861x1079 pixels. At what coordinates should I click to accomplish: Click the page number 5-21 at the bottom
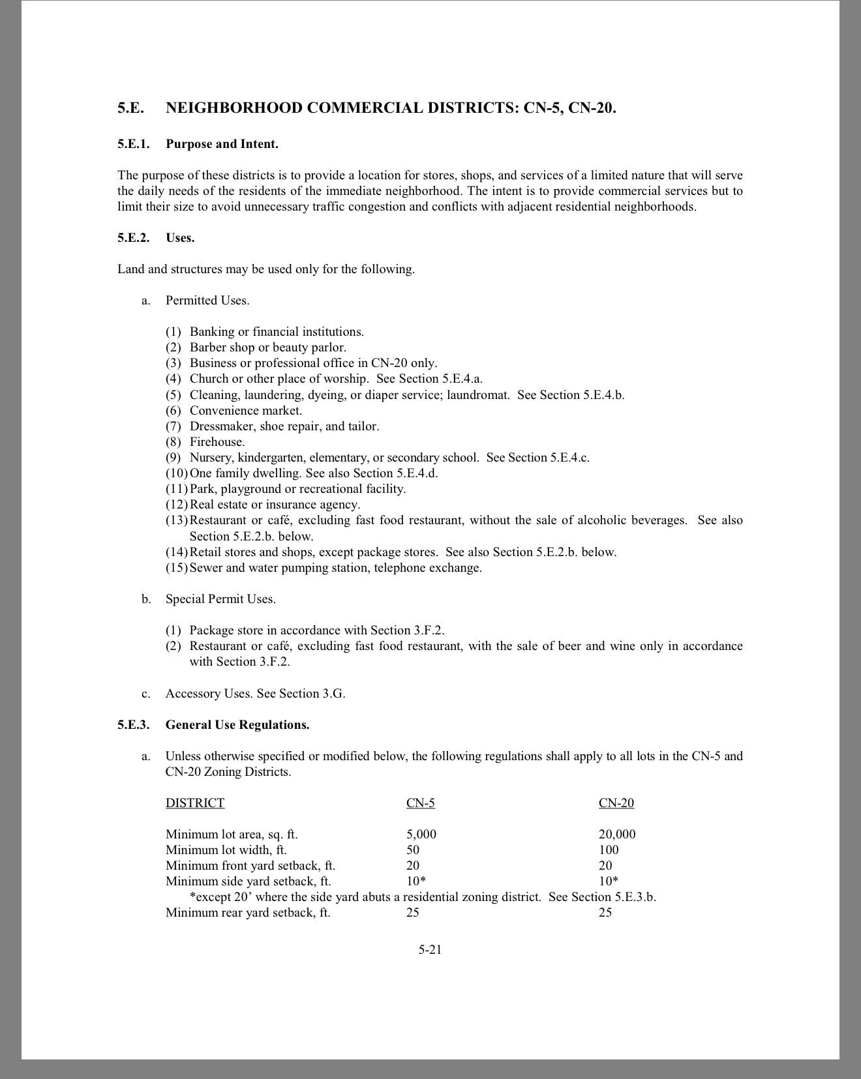(430, 949)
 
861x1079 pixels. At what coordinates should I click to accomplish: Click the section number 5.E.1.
(133, 144)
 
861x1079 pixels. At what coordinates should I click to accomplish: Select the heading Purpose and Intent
(222, 144)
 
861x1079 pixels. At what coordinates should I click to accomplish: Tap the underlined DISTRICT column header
(194, 803)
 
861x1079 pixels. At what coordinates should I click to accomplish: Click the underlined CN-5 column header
(420, 803)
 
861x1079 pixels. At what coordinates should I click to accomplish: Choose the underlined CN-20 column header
(616, 803)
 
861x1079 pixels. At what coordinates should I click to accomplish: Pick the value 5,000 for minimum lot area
(421, 834)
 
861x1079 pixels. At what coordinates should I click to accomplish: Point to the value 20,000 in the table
(616, 834)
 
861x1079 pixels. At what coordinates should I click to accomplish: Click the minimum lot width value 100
(608, 850)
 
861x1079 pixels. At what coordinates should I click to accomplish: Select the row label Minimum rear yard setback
(247, 912)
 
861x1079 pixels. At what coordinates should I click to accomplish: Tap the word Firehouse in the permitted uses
(217, 441)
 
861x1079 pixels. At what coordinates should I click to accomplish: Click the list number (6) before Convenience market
(173, 410)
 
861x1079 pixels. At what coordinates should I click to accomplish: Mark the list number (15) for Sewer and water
(176, 567)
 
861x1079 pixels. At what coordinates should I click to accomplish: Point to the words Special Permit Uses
(220, 599)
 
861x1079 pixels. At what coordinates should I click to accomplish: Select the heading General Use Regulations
(237, 724)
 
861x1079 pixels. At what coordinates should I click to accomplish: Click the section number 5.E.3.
(133, 724)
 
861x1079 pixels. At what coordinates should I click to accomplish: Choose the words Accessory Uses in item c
(209, 693)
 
